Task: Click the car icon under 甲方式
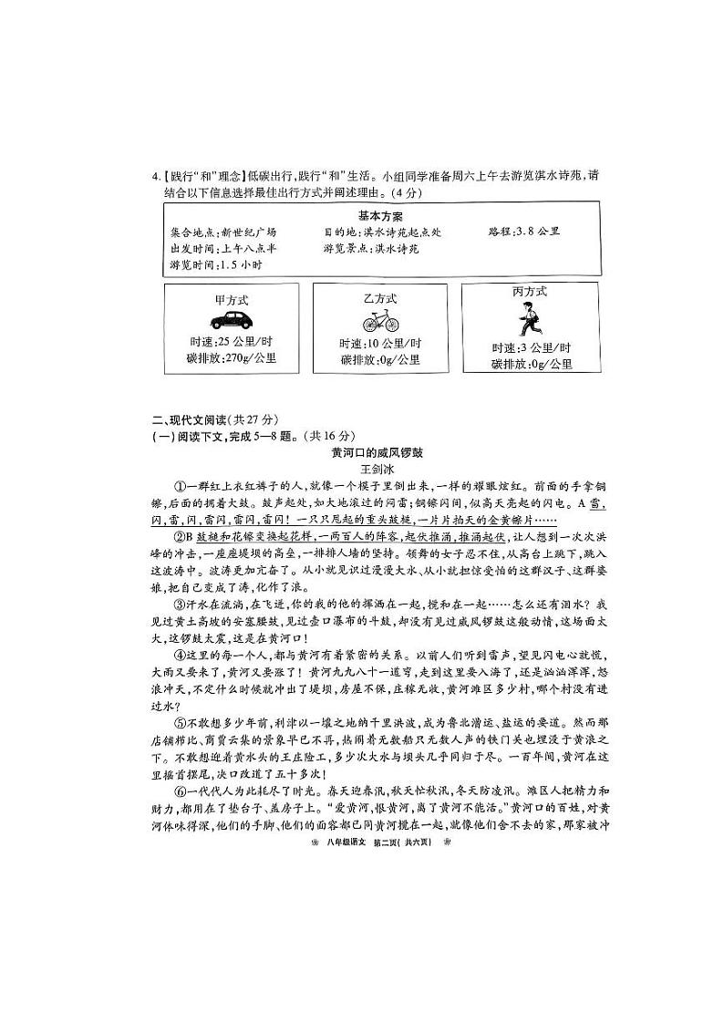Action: point(232,320)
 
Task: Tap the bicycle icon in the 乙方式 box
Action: point(379,321)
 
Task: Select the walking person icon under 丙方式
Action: point(527,320)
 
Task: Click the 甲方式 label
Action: point(232,299)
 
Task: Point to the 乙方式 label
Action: point(379,298)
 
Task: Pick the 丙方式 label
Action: point(530,292)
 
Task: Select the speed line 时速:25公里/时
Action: point(231,341)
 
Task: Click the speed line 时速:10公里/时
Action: point(380,343)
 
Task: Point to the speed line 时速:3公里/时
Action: point(532,347)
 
